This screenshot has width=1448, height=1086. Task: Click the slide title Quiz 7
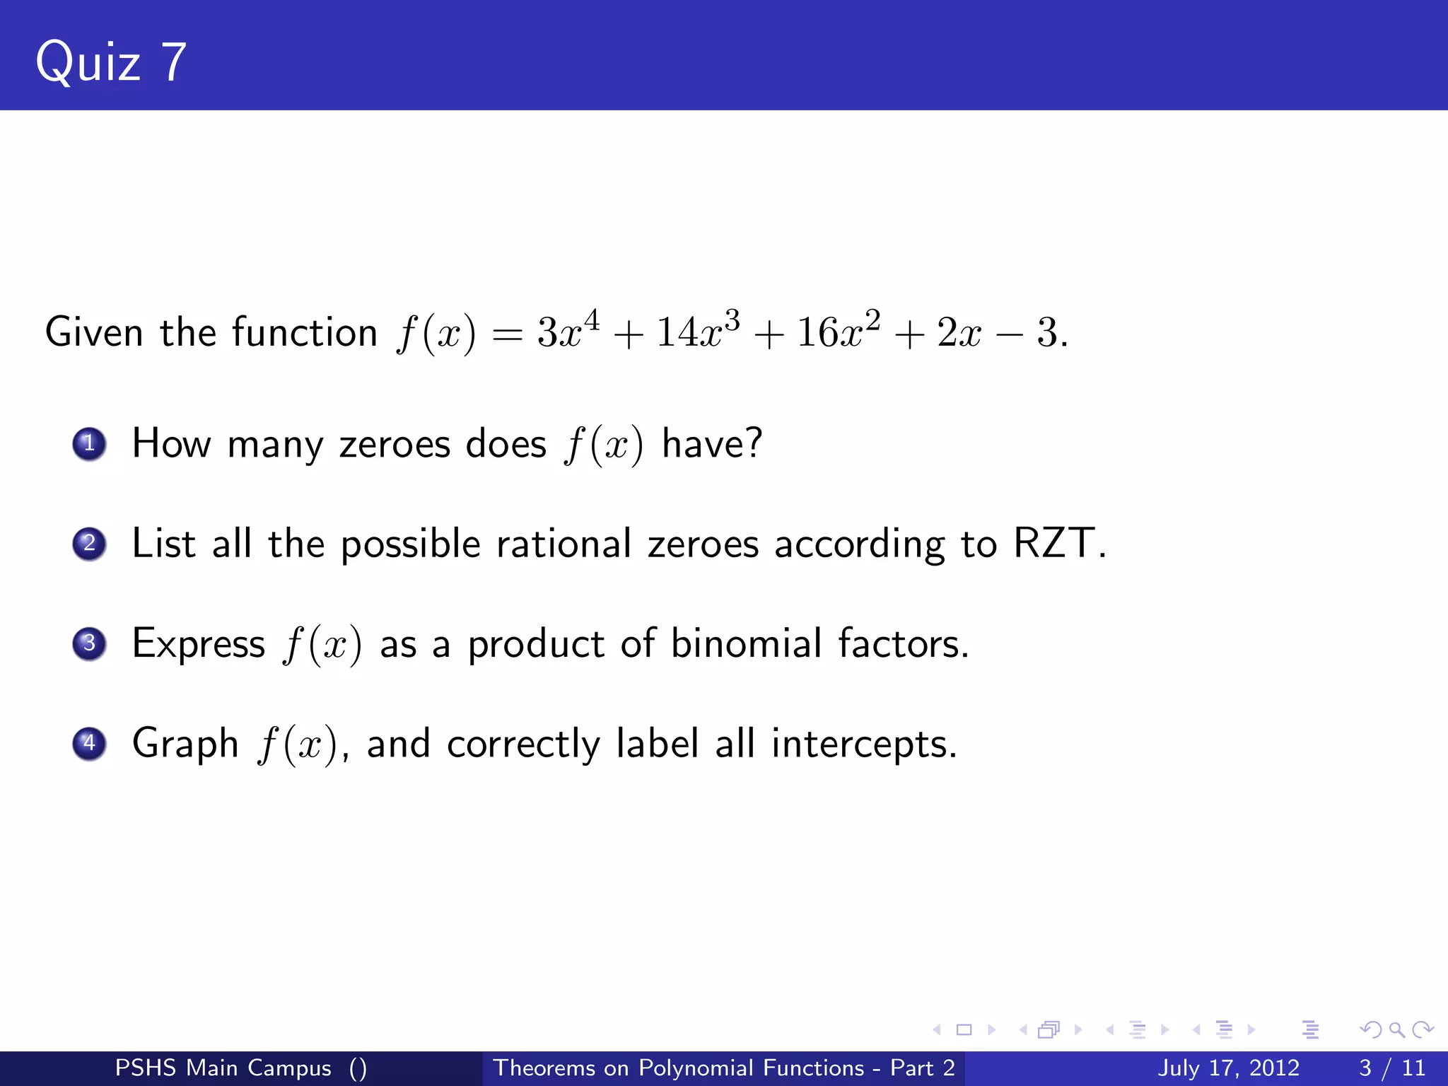(x=111, y=62)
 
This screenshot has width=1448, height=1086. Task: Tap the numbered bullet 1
(x=89, y=444)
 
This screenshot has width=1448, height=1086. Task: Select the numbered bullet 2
(x=89, y=544)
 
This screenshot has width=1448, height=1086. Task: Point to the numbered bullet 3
(x=89, y=643)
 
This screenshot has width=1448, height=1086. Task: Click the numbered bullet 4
(x=89, y=743)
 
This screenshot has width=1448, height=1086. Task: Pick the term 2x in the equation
(x=959, y=332)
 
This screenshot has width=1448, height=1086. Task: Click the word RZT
(x=1053, y=544)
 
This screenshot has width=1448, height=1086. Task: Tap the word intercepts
(x=864, y=744)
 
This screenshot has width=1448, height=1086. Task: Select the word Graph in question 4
(x=185, y=744)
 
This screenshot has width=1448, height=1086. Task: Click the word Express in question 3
(x=199, y=644)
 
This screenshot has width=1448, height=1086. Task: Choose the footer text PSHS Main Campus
(x=223, y=1068)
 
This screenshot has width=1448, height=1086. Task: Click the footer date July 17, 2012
(x=1228, y=1068)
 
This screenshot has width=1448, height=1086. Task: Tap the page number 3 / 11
(x=1392, y=1068)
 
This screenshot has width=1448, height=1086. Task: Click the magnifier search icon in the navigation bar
(x=1396, y=1029)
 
